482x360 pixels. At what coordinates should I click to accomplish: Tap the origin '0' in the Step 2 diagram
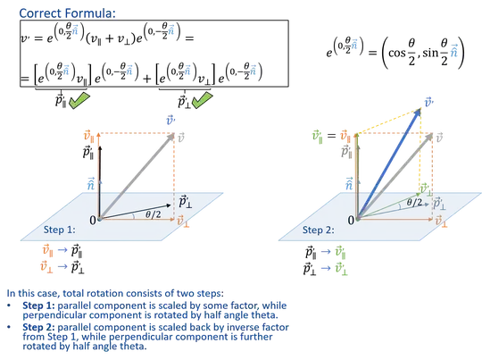coord(352,219)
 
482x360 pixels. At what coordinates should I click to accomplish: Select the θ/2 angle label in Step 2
coord(411,203)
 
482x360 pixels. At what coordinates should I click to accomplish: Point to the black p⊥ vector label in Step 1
coord(183,202)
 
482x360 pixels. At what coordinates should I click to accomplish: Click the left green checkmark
coord(78,101)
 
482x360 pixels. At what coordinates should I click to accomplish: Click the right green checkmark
coord(202,100)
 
